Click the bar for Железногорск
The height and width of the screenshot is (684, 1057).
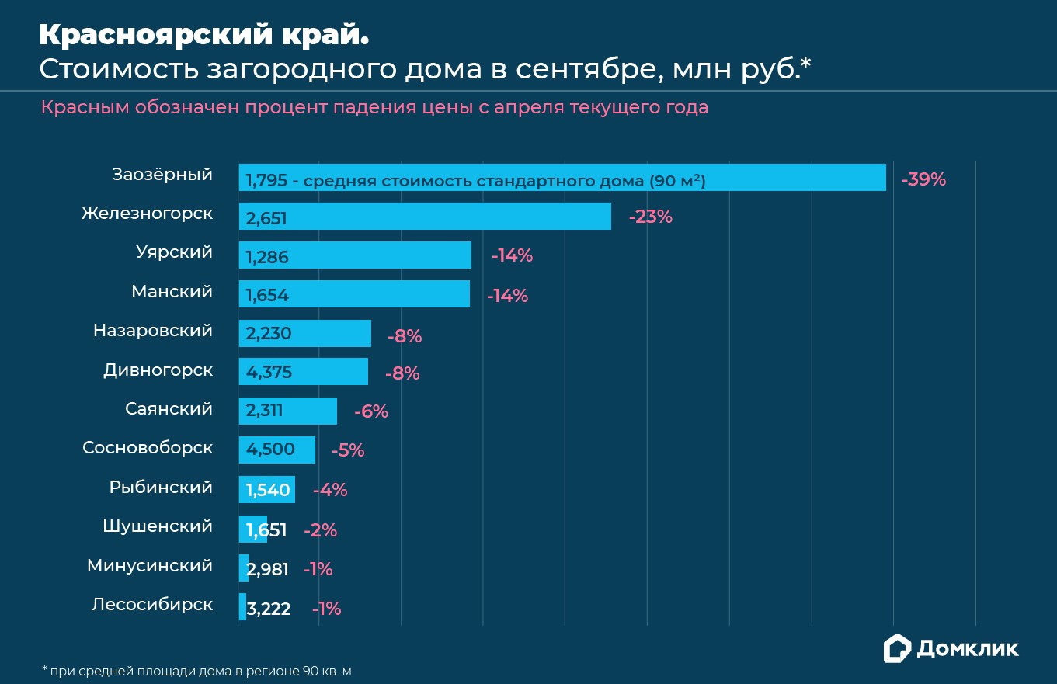pyautogui.click(x=425, y=217)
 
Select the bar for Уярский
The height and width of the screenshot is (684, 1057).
pyautogui.click(x=355, y=255)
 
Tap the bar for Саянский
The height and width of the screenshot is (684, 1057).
pyautogui.click(x=288, y=411)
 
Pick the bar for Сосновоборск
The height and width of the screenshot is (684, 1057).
pyautogui.click(x=277, y=450)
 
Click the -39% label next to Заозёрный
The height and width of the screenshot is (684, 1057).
pyautogui.click(x=923, y=179)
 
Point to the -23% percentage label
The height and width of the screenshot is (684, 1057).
pyautogui.click(x=649, y=217)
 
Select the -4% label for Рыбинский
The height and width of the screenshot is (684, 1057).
pyautogui.click(x=330, y=491)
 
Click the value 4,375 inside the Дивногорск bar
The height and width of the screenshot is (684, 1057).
pyautogui.click(x=269, y=373)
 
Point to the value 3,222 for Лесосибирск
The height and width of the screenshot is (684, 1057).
pyautogui.click(x=269, y=609)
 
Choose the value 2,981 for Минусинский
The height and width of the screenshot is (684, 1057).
pyautogui.click(x=268, y=570)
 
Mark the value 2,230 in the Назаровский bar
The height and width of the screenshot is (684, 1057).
pyautogui.click(x=269, y=334)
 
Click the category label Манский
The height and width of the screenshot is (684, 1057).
pyautogui.click(x=172, y=292)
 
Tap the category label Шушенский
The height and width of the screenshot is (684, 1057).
pyautogui.click(x=158, y=526)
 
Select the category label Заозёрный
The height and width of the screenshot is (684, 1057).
pyautogui.click(x=162, y=175)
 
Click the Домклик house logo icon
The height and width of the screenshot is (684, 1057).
pyautogui.click(x=897, y=648)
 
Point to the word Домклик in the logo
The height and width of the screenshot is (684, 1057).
pyautogui.click(x=968, y=649)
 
